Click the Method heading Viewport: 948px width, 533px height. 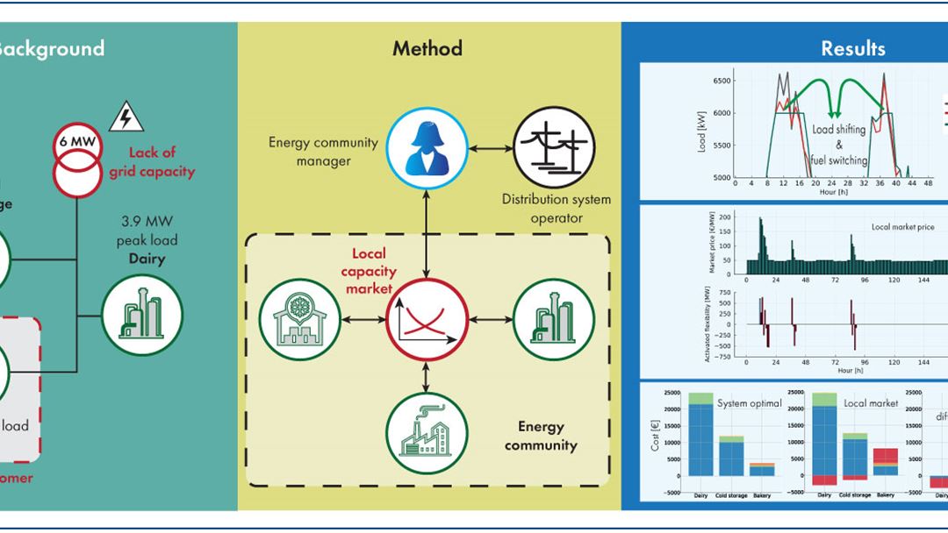click(x=427, y=48)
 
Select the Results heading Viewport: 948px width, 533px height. click(x=852, y=48)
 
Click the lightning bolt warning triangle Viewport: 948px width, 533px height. click(x=126, y=117)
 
